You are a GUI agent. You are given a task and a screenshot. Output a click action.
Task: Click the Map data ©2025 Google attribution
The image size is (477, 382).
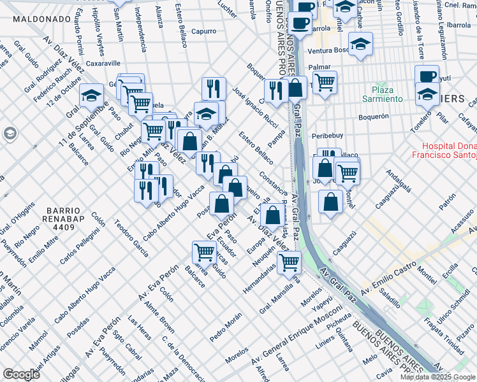tap(437, 377)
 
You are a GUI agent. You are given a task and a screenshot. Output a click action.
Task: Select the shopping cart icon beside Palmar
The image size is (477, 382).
tap(325, 81)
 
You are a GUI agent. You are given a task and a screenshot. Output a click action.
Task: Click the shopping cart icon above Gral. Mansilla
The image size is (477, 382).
tap(290, 261)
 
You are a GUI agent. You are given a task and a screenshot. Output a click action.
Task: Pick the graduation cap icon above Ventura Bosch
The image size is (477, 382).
tap(360, 45)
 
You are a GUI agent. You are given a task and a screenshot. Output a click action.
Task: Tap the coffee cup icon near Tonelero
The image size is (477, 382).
tap(427, 76)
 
